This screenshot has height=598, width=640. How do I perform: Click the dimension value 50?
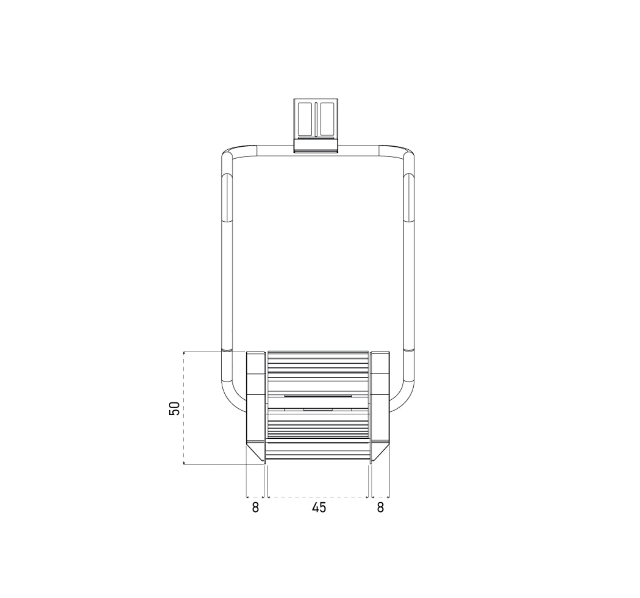tap(174, 408)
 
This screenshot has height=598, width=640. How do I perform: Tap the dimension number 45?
tap(319, 508)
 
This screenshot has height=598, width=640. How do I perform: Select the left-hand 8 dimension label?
tap(255, 508)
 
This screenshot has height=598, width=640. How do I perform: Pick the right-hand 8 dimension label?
tap(380, 508)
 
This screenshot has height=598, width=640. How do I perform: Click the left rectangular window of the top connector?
tap(305, 119)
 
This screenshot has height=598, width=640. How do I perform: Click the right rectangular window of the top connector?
tap(327, 119)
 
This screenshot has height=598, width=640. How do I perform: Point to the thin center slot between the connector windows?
tap(316, 119)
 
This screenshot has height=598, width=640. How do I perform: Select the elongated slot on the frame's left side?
tap(227, 198)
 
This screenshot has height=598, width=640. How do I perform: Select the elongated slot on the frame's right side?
tap(409, 198)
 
